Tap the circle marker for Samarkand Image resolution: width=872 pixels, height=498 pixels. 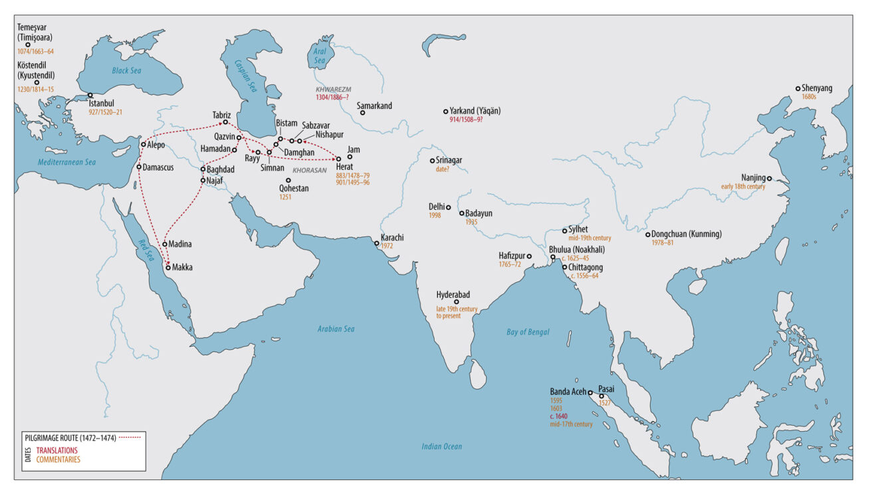(362, 113)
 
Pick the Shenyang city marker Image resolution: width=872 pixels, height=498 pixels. (798, 88)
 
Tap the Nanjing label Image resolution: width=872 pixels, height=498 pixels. (752, 177)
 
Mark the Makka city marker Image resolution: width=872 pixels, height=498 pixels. (168, 268)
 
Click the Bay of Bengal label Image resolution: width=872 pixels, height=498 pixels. (528, 332)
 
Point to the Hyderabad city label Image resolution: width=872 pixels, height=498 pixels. (453, 294)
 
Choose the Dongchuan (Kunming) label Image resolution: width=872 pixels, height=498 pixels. (686, 234)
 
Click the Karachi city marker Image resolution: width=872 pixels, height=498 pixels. (377, 244)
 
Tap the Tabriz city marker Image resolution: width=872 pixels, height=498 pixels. (225, 122)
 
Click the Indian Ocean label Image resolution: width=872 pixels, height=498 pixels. (441, 446)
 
